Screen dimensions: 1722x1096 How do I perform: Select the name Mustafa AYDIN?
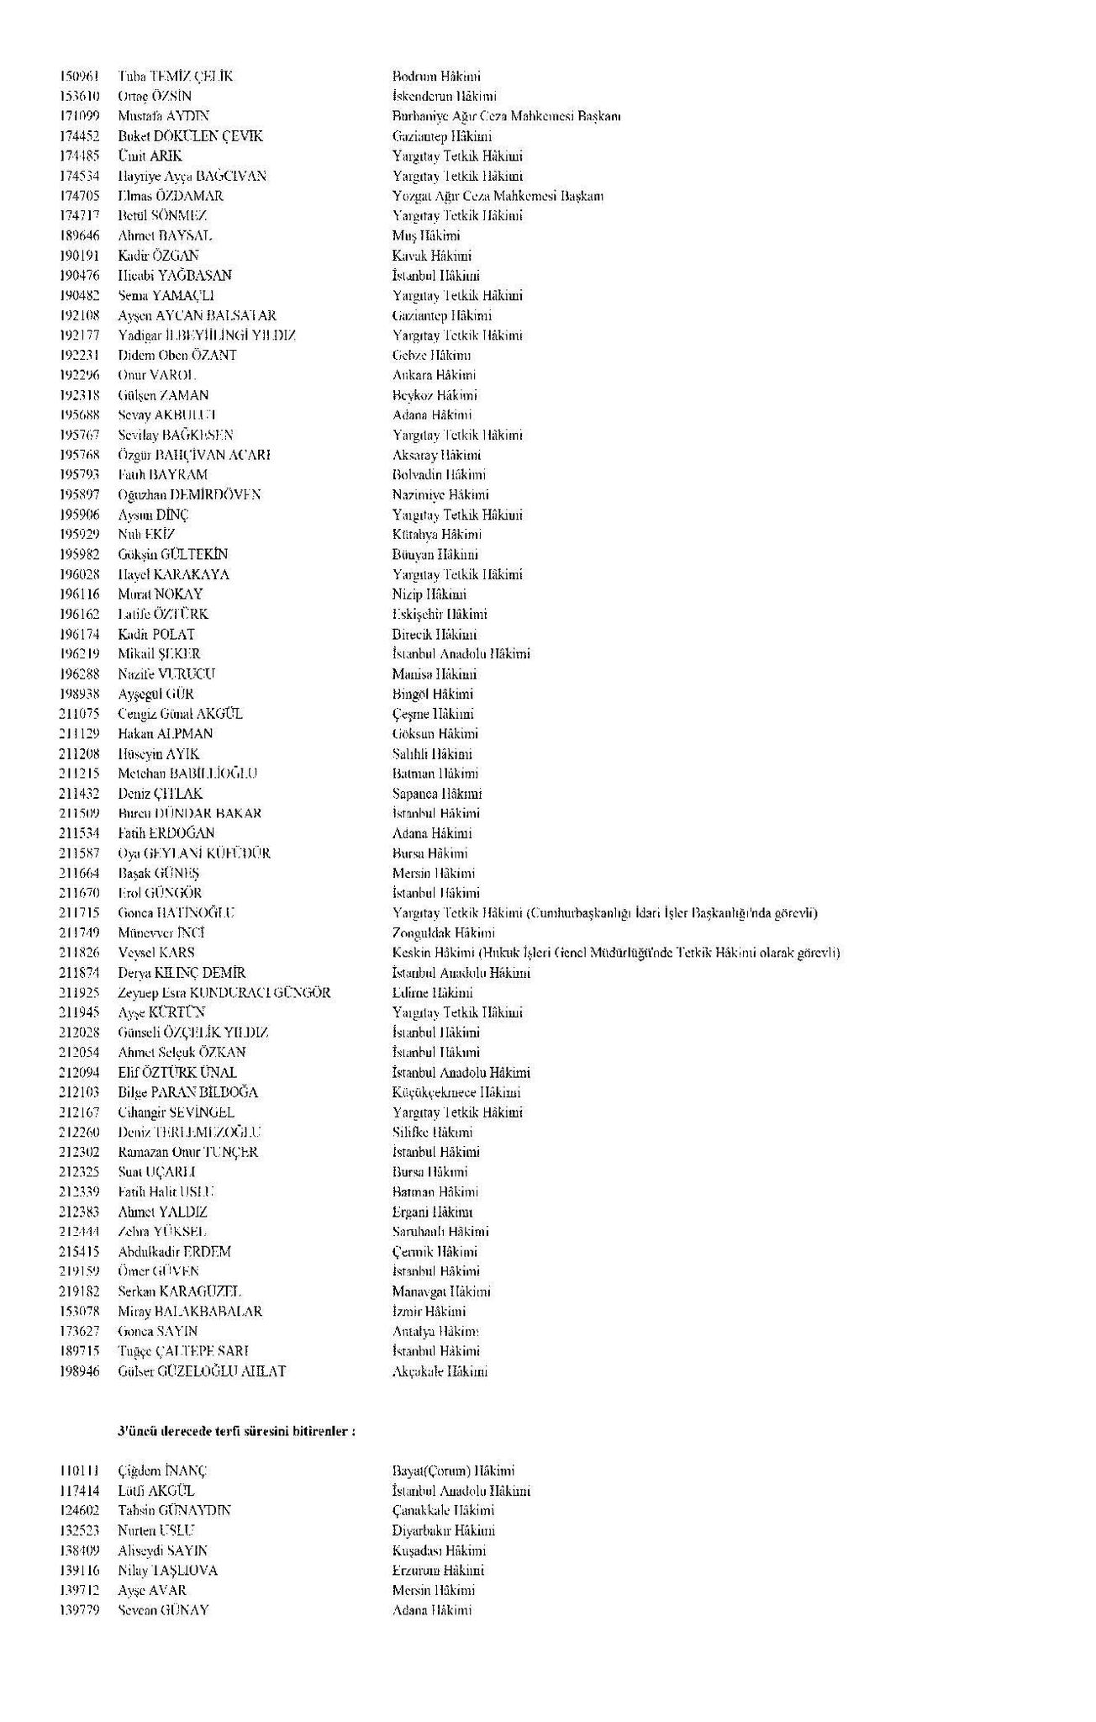[x=164, y=117]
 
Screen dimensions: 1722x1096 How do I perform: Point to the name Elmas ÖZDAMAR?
[x=171, y=196]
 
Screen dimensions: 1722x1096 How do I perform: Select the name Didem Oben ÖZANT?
[x=177, y=356]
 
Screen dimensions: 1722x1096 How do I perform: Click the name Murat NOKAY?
[x=161, y=594]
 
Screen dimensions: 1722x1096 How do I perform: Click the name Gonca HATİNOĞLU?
[x=177, y=913]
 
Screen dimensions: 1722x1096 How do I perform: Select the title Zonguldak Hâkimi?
[x=443, y=933]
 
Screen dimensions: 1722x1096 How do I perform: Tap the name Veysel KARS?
[x=156, y=953]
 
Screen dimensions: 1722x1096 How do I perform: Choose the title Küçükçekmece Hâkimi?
[x=456, y=1092]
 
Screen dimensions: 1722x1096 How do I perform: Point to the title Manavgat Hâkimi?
[x=441, y=1291]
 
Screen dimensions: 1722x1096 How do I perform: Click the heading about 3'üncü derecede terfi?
[x=236, y=1430]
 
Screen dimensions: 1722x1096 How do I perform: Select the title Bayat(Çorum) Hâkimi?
[x=453, y=1471]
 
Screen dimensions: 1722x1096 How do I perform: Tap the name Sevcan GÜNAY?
[x=163, y=1610]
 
